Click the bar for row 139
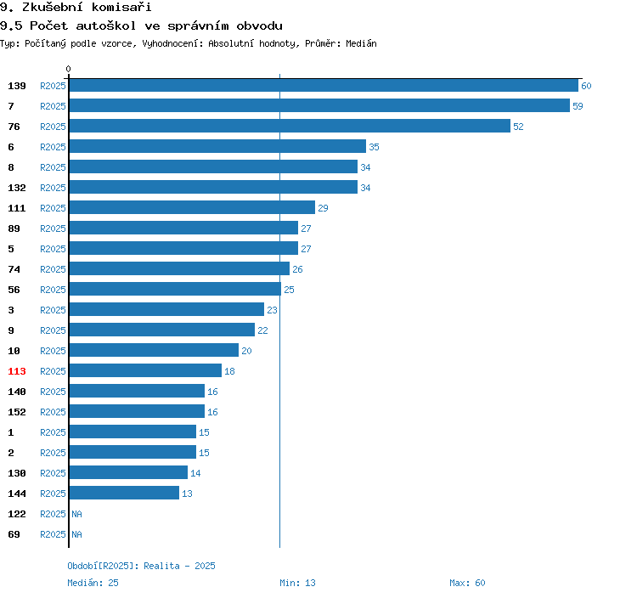(x=324, y=85)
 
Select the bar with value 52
(x=290, y=126)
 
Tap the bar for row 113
(x=145, y=370)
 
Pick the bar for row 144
(x=124, y=493)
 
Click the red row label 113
(x=17, y=371)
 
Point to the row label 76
(x=14, y=127)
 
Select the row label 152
(x=17, y=412)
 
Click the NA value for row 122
(x=76, y=514)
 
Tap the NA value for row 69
(x=76, y=534)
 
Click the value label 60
(x=586, y=86)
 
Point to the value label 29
(x=323, y=208)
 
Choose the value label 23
(x=272, y=310)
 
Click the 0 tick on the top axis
(x=68, y=69)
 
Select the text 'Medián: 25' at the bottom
(x=93, y=583)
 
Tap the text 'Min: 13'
(x=297, y=583)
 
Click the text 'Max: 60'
(x=467, y=583)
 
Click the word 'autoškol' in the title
(x=106, y=25)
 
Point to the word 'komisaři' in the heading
(x=121, y=7)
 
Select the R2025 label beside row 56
(x=53, y=290)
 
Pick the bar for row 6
(x=217, y=146)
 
